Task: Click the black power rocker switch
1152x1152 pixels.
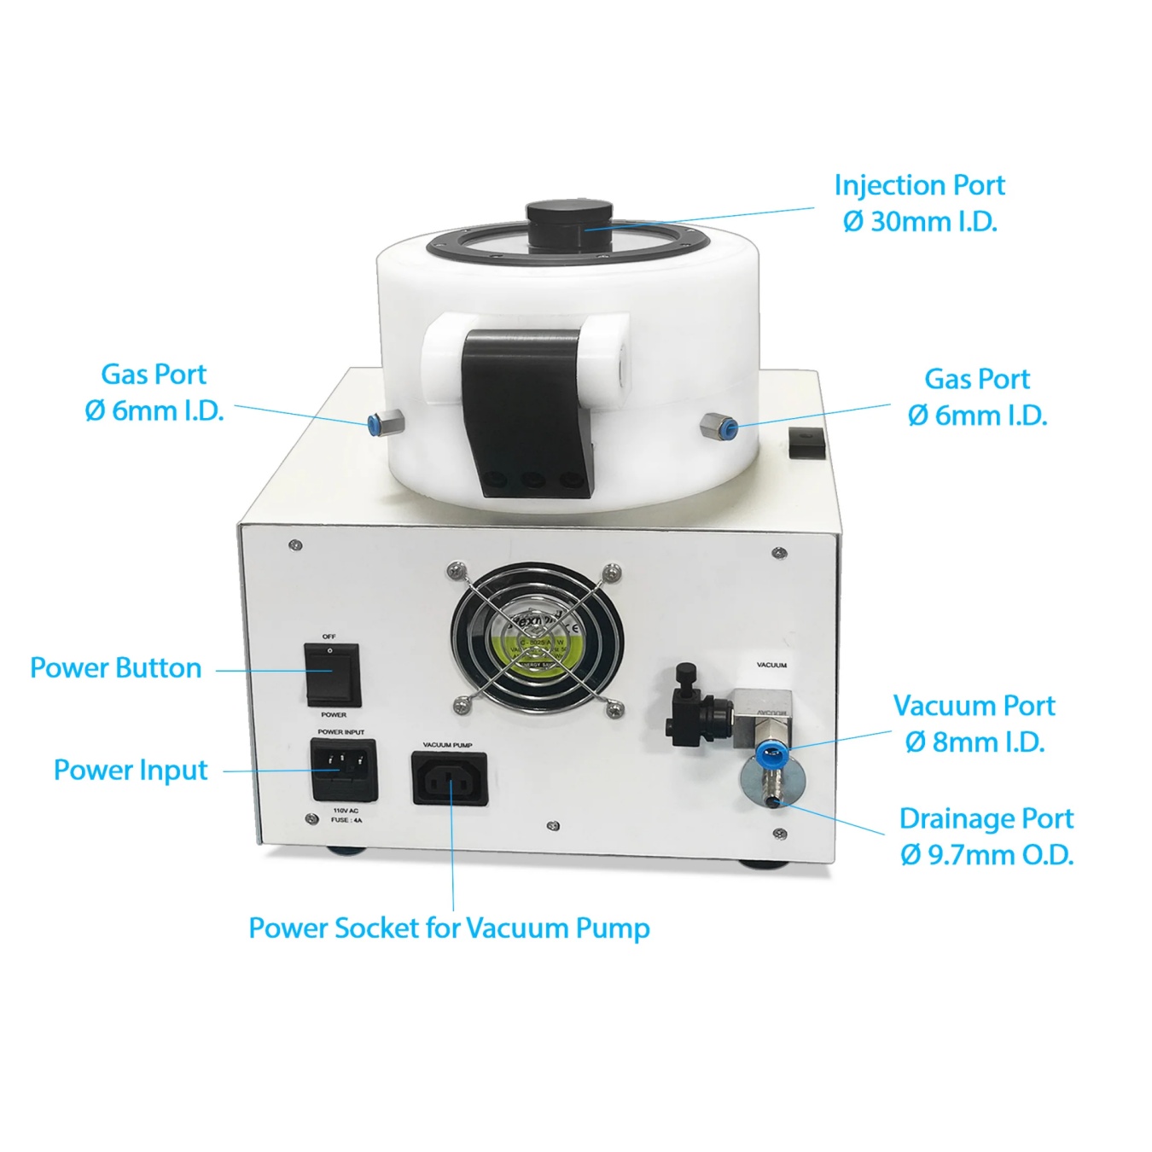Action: [332, 674]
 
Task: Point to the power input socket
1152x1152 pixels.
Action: [343, 769]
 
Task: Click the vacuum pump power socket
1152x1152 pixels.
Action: [450, 778]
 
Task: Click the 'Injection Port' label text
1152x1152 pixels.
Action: [919, 185]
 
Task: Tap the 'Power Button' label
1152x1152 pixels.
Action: [116, 668]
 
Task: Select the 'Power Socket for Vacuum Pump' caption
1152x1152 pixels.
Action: [449, 928]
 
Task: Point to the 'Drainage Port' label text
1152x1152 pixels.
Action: [986, 818]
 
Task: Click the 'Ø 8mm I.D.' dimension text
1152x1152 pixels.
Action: [975, 742]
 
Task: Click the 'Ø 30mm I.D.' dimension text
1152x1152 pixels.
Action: [920, 222]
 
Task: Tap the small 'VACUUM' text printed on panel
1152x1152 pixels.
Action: [771, 665]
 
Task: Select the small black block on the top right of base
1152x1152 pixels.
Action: [806, 443]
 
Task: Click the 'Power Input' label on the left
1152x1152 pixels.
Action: [131, 770]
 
